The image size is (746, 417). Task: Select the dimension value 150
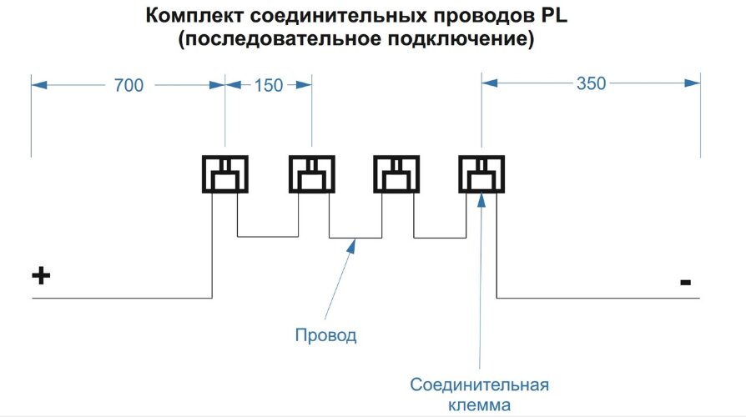(x=268, y=84)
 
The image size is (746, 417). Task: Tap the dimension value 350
(x=590, y=83)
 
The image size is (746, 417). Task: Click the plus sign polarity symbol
(x=41, y=276)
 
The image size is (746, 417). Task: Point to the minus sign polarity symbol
(x=685, y=283)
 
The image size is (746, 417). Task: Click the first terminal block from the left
(x=225, y=175)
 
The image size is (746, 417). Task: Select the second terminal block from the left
(x=311, y=175)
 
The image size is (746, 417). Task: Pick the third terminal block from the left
(x=396, y=175)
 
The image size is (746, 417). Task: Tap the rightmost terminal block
(x=481, y=175)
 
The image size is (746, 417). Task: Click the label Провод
(x=325, y=336)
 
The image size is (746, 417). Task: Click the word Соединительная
(x=479, y=384)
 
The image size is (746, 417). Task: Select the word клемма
(x=479, y=405)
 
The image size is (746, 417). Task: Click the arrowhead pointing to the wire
(x=355, y=243)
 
